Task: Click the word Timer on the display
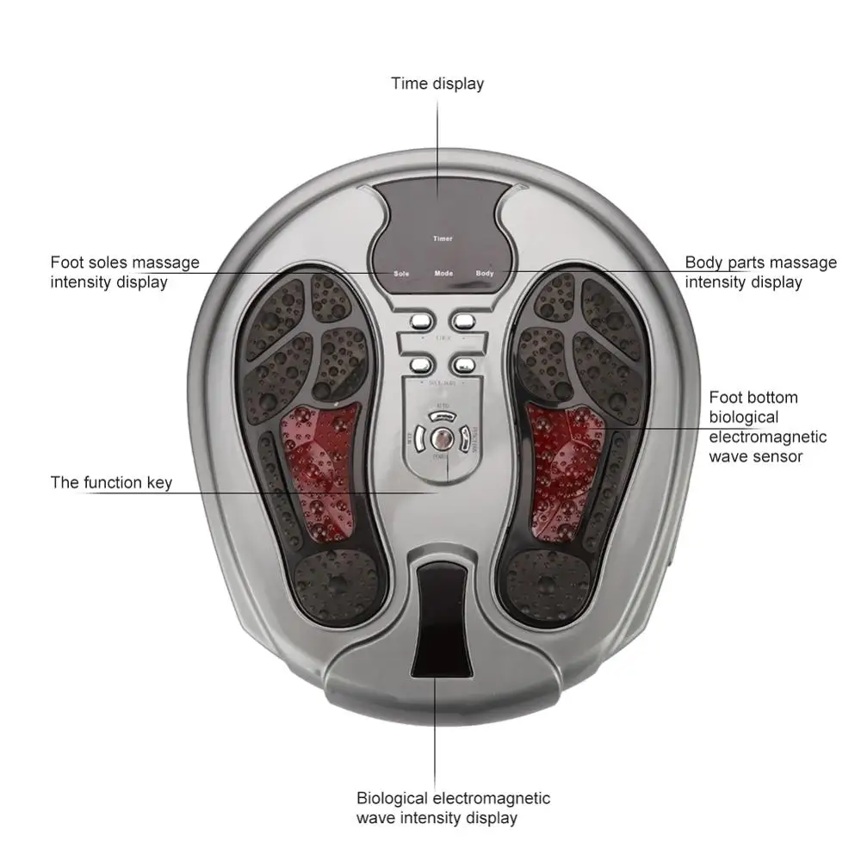tap(443, 238)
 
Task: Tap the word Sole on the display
tap(401, 273)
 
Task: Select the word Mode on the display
tap(443, 273)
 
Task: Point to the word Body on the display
tap(485, 273)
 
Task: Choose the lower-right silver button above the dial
tap(464, 366)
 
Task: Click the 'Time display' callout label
tap(437, 84)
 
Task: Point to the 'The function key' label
tap(111, 482)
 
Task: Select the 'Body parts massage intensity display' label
tap(760, 272)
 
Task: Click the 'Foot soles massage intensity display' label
tap(125, 272)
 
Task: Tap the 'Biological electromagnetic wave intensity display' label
tap(453, 808)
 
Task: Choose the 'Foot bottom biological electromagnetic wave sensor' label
tap(767, 427)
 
